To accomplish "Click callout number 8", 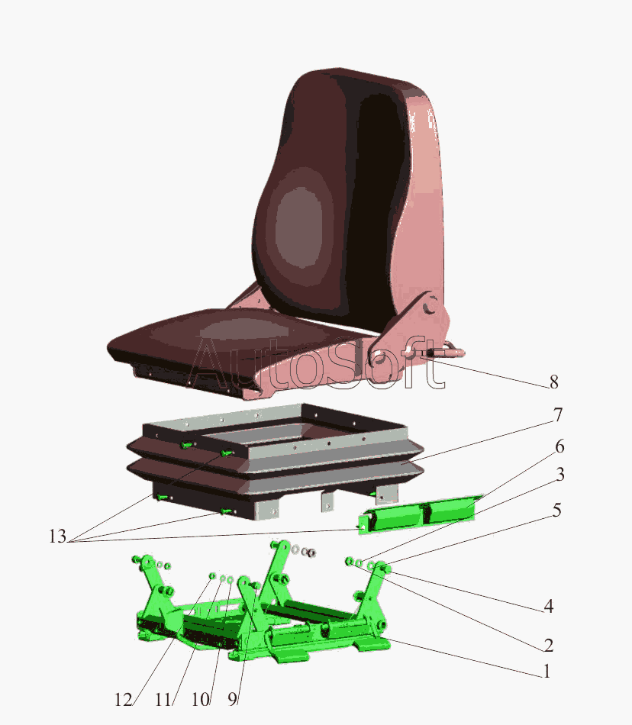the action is (554, 382).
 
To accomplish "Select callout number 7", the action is (557, 414).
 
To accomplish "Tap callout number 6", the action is (559, 446).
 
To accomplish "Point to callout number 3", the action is (560, 475).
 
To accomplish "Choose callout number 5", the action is (556, 510).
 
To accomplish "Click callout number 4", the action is (548, 606).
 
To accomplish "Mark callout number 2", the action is (548, 645).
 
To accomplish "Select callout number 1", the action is (547, 671).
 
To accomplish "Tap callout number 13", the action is (58, 536).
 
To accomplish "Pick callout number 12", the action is (124, 700).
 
